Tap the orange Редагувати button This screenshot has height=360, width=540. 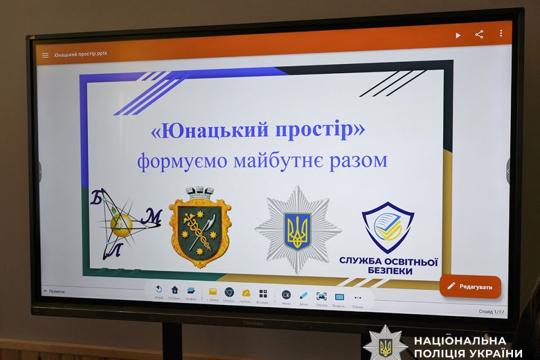(x=470, y=286)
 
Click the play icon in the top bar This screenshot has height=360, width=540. (x=458, y=35)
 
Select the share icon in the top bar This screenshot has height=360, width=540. (x=479, y=34)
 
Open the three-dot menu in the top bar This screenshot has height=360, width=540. (x=501, y=33)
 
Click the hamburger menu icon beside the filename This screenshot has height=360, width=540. (x=46, y=55)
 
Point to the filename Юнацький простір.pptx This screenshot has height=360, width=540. (x=80, y=55)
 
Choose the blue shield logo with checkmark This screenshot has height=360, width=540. (x=388, y=227)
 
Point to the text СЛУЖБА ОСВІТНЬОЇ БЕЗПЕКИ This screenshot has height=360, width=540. (x=388, y=265)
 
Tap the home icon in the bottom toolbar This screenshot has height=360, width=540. (x=175, y=290)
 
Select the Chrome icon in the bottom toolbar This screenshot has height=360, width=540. (x=229, y=292)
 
